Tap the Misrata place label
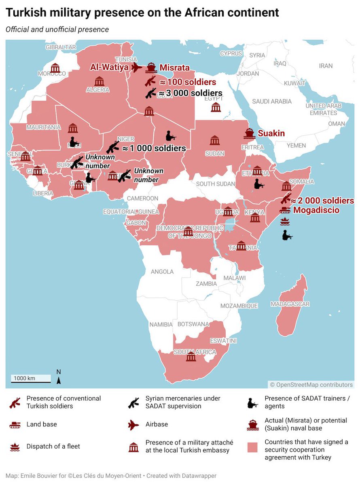pyautogui.click(x=174, y=67)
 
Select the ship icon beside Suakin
pyautogui.click(x=249, y=133)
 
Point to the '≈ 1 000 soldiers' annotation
pyautogui.click(x=154, y=148)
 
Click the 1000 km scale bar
pyautogui.click(x=31, y=378)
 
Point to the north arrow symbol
pyautogui.click(x=59, y=377)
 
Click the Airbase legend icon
pyautogui.click(x=133, y=424)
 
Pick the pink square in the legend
pyautogui.click(x=252, y=447)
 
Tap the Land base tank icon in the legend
pyautogui.click(x=15, y=424)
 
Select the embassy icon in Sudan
pyautogui.click(x=215, y=140)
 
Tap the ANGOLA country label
pyautogui.click(x=162, y=272)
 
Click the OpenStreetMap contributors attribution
pyautogui.click(x=311, y=385)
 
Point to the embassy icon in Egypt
pyautogui.click(x=216, y=107)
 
